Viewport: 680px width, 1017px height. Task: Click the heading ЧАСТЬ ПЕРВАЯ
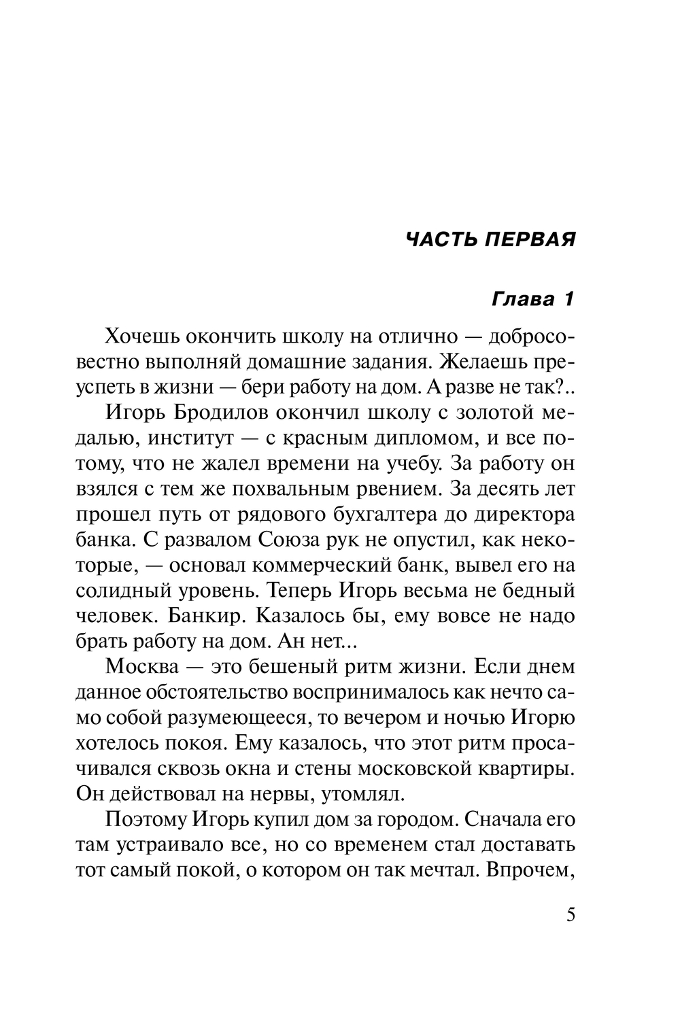490,239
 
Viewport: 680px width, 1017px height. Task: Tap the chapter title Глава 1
532,299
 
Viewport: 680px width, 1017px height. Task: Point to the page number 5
570,914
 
